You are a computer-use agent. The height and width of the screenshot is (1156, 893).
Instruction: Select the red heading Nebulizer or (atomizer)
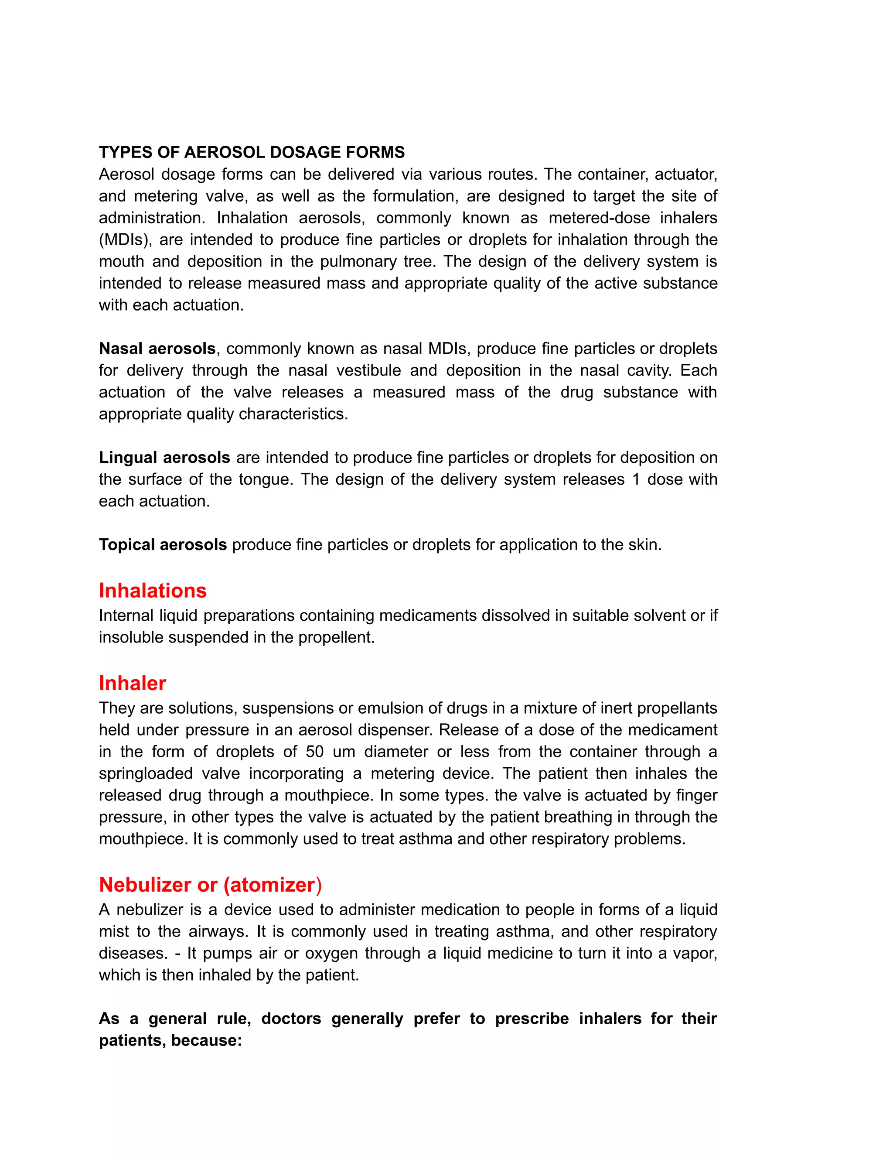(210, 885)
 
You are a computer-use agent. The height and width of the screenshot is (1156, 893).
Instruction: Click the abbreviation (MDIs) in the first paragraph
(125, 240)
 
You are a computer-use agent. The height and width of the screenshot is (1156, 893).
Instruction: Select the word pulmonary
(362, 261)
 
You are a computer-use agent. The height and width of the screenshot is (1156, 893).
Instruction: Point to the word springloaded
(146, 773)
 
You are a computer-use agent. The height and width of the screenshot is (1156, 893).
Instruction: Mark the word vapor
(694, 953)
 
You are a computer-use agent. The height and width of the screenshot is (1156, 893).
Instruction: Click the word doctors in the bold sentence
(291, 1019)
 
